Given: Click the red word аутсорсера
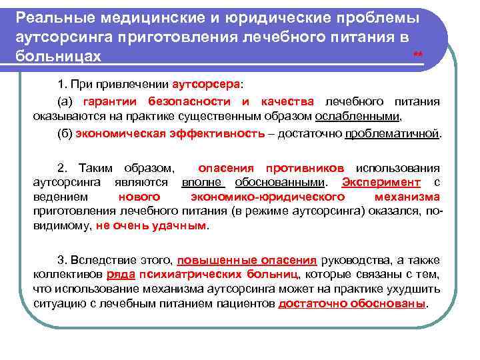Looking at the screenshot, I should click(207, 86).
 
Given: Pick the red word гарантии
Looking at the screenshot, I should click(109, 101).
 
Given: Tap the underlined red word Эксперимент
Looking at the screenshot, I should click(381, 182).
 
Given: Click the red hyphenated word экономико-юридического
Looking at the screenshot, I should click(267, 197).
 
